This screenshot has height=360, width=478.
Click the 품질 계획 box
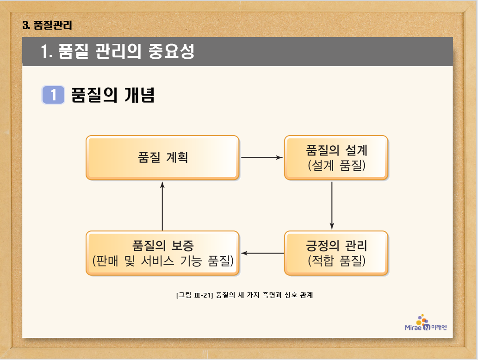(x=162, y=157)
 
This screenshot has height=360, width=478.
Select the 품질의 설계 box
(x=336, y=157)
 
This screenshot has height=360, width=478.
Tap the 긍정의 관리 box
(x=336, y=253)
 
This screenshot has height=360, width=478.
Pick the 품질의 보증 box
(x=162, y=253)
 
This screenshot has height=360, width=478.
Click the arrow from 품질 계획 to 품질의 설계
(x=262, y=157)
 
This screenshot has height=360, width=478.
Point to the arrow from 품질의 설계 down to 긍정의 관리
(x=332, y=205)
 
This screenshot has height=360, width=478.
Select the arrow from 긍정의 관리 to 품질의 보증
(x=262, y=253)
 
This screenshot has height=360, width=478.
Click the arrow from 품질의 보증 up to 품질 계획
(x=162, y=205)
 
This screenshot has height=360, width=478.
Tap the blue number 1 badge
(x=53, y=95)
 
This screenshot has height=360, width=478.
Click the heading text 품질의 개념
(x=112, y=95)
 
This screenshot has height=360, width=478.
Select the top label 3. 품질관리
(x=47, y=25)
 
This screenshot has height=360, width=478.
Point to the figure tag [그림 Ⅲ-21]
(x=194, y=295)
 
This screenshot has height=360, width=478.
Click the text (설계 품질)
(x=336, y=165)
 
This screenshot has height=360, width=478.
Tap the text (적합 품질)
(x=336, y=261)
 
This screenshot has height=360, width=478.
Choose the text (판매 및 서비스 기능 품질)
(x=162, y=261)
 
